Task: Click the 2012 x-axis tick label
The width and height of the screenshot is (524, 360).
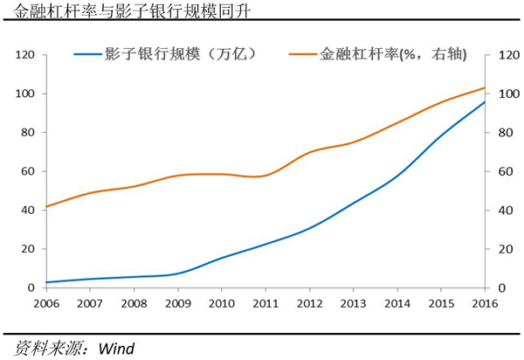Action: pos(308,303)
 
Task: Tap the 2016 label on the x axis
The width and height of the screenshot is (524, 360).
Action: pos(485,303)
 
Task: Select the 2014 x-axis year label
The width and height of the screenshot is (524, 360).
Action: pos(396,303)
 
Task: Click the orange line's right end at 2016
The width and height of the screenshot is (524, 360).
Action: pos(485,87)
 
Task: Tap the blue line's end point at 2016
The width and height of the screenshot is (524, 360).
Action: pos(485,101)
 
